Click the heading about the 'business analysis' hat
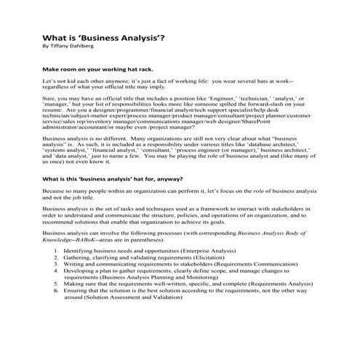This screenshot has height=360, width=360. (119, 178)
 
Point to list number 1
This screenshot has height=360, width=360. (57, 249)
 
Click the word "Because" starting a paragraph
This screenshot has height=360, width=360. (56, 190)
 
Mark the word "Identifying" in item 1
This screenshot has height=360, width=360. (79, 249)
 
